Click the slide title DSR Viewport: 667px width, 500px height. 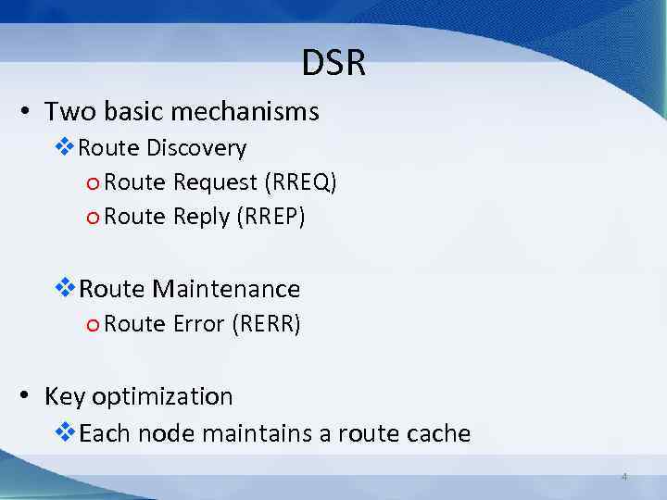[x=333, y=64]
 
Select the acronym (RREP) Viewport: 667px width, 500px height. [x=270, y=217]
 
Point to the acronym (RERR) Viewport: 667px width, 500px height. [x=266, y=324]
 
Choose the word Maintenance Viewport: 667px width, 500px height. [x=226, y=289]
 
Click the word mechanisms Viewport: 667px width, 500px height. [x=247, y=112]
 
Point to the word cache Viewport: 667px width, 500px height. [x=436, y=432]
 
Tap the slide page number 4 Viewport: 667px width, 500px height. [x=623, y=477]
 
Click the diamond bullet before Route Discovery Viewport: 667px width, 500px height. [x=66, y=147]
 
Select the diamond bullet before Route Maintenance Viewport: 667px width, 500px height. [x=67, y=288]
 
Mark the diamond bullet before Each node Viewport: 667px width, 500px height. [x=67, y=431]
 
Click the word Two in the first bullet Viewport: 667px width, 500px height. [x=64, y=112]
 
